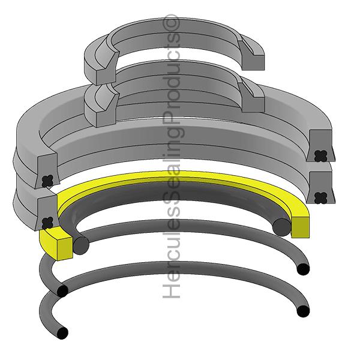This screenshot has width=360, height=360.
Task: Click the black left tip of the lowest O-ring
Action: coord(62,332)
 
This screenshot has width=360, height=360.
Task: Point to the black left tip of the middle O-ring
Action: coord(62,291)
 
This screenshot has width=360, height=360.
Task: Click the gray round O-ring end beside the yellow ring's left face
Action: coord(81,244)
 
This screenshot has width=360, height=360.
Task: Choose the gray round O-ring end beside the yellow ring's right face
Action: coord(280,226)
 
